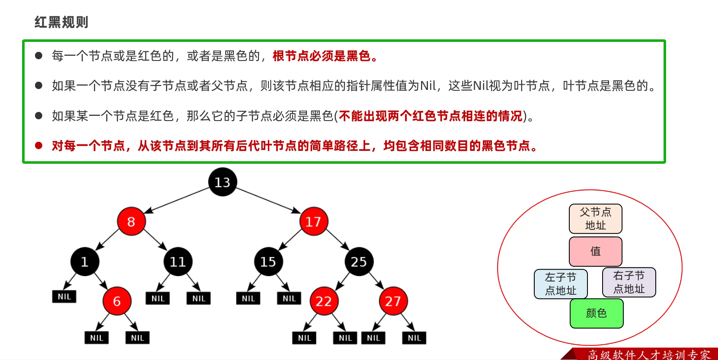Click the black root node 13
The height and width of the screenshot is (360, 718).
click(223, 182)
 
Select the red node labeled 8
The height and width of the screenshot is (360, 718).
click(131, 221)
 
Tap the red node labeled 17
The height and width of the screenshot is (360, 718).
click(313, 221)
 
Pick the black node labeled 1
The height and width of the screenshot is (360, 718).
click(85, 261)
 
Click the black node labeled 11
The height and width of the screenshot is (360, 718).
click(178, 261)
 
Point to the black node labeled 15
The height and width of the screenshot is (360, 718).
click(268, 261)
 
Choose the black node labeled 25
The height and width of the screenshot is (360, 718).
click(359, 261)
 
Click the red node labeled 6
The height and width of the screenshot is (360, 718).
click(117, 301)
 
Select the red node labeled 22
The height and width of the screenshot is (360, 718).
click(324, 301)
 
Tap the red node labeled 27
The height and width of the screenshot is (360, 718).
click(393, 301)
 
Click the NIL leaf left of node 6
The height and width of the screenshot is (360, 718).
click(64, 296)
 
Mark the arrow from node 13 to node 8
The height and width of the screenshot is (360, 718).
click(177, 200)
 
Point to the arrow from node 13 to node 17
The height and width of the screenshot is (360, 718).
click(268, 200)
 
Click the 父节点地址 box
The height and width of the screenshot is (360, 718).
click(595, 219)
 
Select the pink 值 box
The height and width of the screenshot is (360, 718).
click(595, 251)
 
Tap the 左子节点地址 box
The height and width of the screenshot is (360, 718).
click(561, 284)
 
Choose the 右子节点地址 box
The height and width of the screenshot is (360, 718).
click(629, 282)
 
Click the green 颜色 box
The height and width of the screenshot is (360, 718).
click(597, 313)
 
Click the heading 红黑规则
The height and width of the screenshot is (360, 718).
click(61, 22)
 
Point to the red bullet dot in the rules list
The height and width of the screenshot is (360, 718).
click(38, 146)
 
